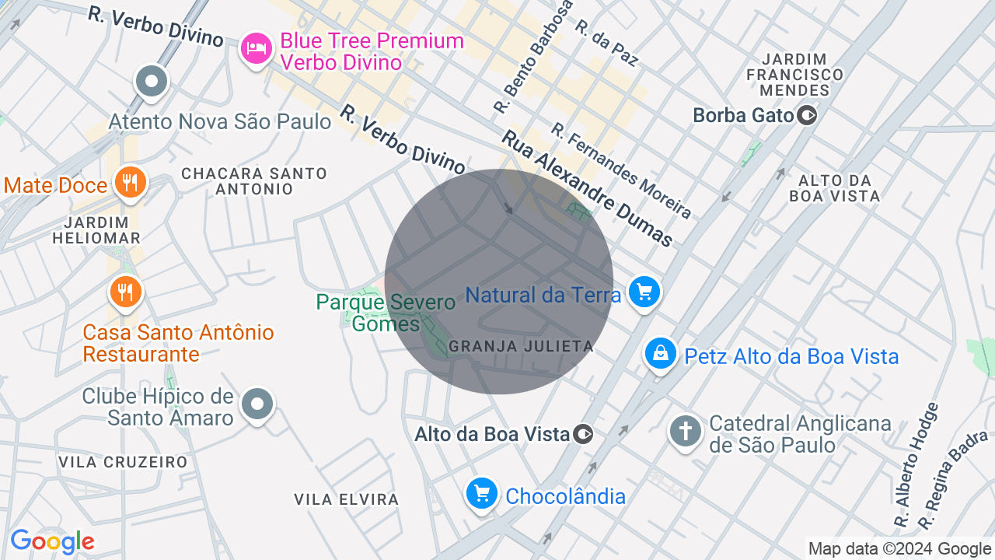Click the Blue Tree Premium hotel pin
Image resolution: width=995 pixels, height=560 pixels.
pyautogui.click(x=256, y=50)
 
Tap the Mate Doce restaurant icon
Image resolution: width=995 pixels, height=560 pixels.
pyautogui.click(x=130, y=183)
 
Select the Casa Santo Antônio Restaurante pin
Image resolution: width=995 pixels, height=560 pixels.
pyautogui.click(x=125, y=292)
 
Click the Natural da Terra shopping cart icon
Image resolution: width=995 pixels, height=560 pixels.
pyautogui.click(x=644, y=292)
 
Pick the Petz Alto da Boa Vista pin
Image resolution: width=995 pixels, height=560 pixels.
pyautogui.click(x=660, y=354)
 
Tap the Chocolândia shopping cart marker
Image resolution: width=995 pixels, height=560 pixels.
pyautogui.click(x=482, y=493)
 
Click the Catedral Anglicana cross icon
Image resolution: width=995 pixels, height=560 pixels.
pyautogui.click(x=686, y=430)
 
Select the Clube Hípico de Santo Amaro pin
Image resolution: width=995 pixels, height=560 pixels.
pyautogui.click(x=257, y=404)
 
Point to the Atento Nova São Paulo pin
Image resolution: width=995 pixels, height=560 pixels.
pyautogui.click(x=152, y=81)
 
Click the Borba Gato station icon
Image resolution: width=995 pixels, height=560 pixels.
pyautogui.click(x=808, y=116)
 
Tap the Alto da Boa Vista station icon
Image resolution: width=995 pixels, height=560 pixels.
pyautogui.click(x=584, y=434)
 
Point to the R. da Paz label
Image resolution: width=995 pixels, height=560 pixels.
pyautogui.click(x=606, y=42)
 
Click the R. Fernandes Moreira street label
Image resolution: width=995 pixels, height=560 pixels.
pyautogui.click(x=621, y=170)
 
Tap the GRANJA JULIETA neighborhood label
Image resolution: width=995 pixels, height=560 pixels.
pyautogui.click(x=521, y=346)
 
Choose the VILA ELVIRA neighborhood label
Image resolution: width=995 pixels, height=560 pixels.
pyautogui.click(x=346, y=499)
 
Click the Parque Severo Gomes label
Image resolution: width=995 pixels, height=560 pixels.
pyautogui.click(x=386, y=312)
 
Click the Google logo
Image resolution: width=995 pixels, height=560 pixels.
pyautogui.click(x=52, y=541)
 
